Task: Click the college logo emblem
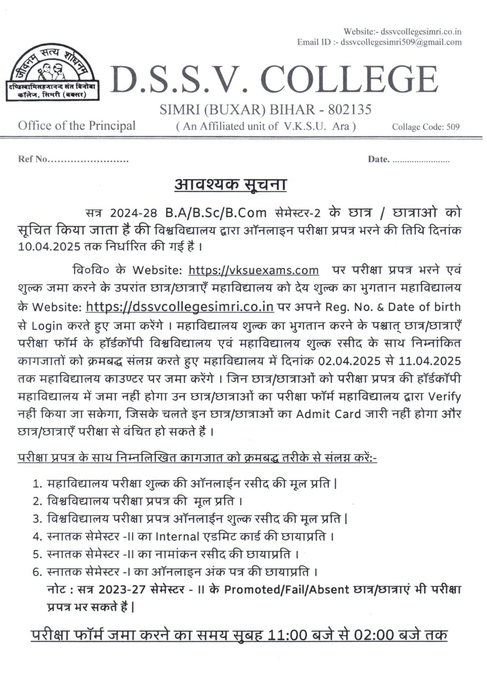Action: click(52, 72)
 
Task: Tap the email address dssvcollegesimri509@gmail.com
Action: click(401, 42)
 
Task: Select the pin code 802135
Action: click(350, 110)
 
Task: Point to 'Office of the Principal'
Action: click(77, 126)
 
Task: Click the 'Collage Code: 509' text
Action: click(426, 127)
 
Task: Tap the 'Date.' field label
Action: click(378, 159)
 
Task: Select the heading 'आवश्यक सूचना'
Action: click(231, 184)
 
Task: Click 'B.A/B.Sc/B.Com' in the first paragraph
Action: click(216, 212)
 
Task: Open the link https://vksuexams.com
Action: click(253, 270)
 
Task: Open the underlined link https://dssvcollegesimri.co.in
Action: click(179, 306)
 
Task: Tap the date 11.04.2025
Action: click(430, 361)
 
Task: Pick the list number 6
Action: click(37, 572)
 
